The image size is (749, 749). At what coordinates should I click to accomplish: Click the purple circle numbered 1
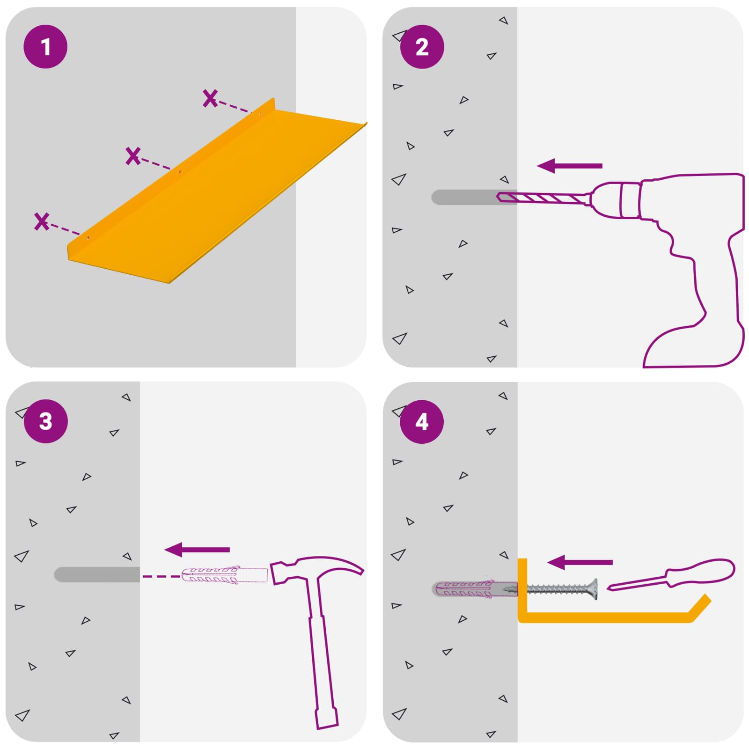[45, 47]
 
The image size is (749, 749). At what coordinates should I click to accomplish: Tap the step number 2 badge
[422, 47]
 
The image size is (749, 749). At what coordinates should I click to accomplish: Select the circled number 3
[45, 421]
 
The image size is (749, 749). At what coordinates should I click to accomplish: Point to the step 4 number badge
[422, 422]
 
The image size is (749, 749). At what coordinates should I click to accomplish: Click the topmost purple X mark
[210, 98]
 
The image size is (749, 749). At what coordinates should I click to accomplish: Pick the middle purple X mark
[133, 156]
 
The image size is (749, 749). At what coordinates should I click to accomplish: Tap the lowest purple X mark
[42, 221]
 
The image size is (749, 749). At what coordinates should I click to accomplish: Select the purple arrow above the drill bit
[569, 166]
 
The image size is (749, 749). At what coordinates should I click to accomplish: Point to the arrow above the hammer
[197, 550]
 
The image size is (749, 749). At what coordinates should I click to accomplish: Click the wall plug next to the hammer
[224, 575]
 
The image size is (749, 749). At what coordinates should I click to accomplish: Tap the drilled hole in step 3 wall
[97, 574]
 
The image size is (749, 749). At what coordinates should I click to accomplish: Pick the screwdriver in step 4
[671, 575]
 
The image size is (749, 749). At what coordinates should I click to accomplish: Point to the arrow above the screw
[580, 562]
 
